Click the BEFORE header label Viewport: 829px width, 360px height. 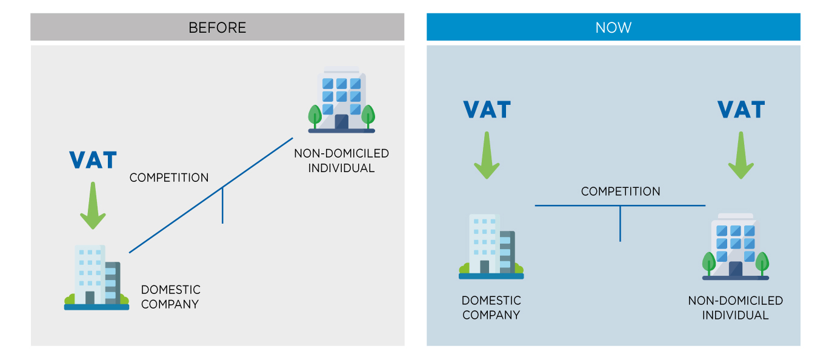pyautogui.click(x=217, y=28)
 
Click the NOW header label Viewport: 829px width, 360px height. pyautogui.click(x=613, y=28)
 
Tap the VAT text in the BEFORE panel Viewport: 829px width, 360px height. pyautogui.click(x=93, y=161)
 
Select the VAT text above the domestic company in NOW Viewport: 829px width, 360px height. pyautogui.click(x=487, y=110)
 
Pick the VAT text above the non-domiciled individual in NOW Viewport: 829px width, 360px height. pyautogui.click(x=741, y=110)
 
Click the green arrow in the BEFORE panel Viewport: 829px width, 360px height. pyautogui.click(x=93, y=206)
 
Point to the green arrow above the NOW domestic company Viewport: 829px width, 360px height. pyautogui.click(x=486, y=156)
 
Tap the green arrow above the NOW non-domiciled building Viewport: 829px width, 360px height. pyautogui.click(x=740, y=156)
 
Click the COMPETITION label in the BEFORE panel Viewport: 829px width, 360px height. pyautogui.click(x=169, y=178)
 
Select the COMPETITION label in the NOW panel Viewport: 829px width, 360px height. pyautogui.click(x=621, y=192)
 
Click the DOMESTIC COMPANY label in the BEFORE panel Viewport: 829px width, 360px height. pyautogui.click(x=170, y=297)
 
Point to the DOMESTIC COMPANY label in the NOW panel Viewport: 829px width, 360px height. pyautogui.click(x=491, y=308)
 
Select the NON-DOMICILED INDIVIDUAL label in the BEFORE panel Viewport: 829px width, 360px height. pyautogui.click(x=341, y=161)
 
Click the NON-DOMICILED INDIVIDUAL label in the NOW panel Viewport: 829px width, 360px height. pyautogui.click(x=735, y=308)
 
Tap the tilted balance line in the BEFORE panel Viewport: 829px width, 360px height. pyautogui.click(x=182, y=215)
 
